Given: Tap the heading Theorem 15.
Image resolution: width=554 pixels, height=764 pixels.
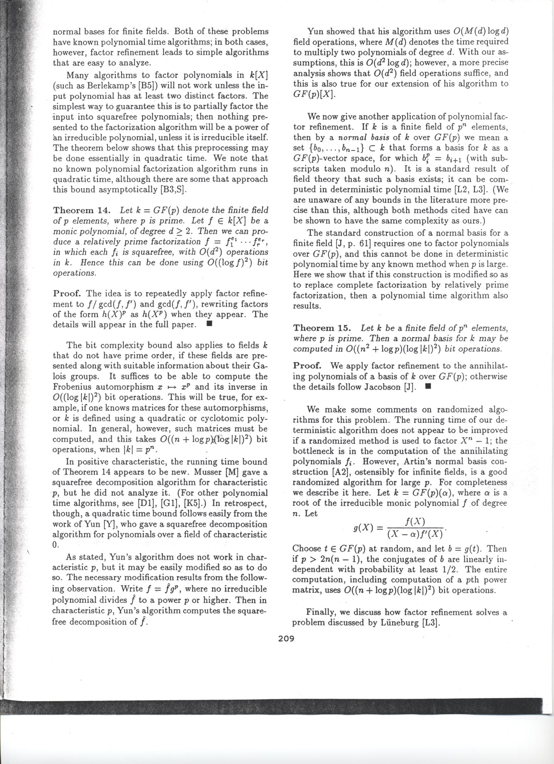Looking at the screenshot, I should coord(322,328).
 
